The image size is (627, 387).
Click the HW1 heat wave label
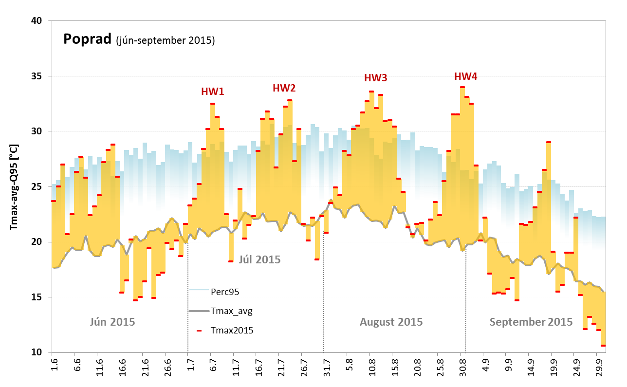(213, 91)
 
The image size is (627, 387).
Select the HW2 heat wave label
(284, 88)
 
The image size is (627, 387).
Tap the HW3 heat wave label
(376, 78)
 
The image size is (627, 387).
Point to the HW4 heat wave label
(466, 76)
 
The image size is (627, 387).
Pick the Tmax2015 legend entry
(232, 330)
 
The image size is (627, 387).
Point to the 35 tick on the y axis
(37, 76)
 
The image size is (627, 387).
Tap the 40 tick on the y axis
(37, 21)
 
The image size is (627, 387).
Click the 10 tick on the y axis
(37, 352)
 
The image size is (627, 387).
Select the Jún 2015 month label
(112, 322)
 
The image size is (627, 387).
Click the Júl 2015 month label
(259, 259)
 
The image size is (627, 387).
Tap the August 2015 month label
(391, 322)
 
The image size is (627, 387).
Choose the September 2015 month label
(531, 322)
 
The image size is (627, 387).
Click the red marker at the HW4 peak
(462, 87)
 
